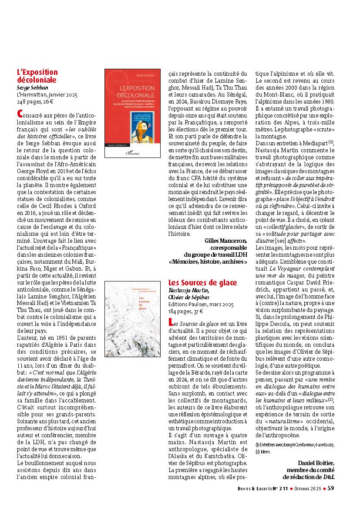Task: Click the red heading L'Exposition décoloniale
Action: [37, 76]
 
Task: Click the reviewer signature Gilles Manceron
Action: [225, 241]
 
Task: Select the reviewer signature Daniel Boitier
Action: [317, 462]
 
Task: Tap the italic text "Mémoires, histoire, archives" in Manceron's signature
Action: [208, 262]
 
